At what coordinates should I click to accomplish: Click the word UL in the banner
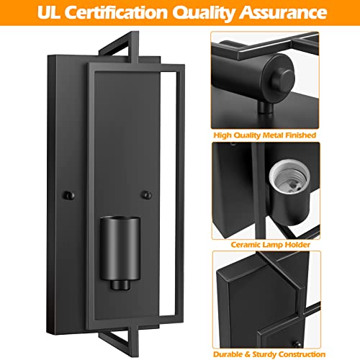pos(49,12)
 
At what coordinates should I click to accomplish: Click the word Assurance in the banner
pos(283,12)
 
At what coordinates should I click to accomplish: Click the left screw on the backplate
pos(68,195)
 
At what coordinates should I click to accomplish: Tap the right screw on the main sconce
pos(147,195)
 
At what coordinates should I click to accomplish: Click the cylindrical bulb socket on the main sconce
pos(120,248)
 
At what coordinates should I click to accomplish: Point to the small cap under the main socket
pos(120,285)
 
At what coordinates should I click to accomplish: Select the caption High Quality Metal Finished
pos(265,135)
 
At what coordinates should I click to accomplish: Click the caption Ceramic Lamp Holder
pos(271,245)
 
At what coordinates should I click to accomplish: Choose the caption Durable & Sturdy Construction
pos(269,354)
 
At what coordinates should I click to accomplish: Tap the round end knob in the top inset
pos(284,78)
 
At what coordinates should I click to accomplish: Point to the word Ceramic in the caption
pos(246,245)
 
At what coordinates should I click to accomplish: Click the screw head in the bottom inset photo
pos(297,344)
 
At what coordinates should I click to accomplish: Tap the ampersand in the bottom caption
pos(248,354)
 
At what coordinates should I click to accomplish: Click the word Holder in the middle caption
pos(297,245)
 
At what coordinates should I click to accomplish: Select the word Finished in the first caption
pos(297,135)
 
